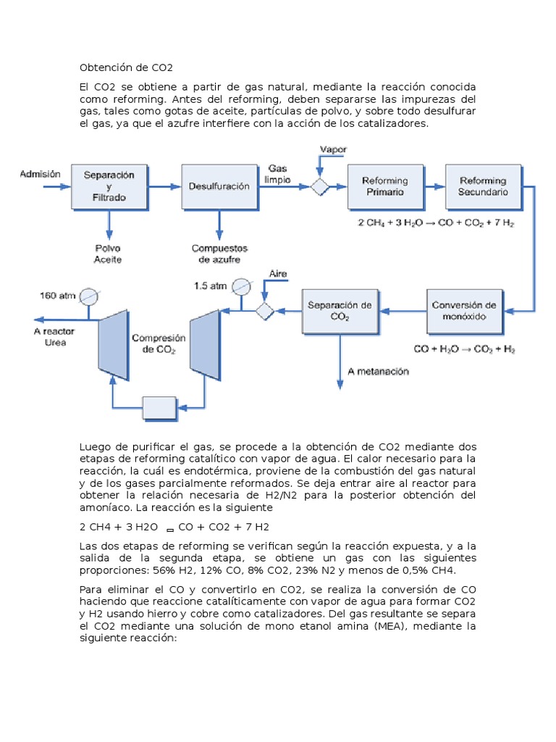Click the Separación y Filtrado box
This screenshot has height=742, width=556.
[x=109, y=186]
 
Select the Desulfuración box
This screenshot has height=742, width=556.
[x=220, y=186]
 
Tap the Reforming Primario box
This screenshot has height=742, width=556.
[x=386, y=186]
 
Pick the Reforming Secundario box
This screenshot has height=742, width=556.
[x=484, y=186]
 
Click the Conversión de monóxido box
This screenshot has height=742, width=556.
[x=465, y=312]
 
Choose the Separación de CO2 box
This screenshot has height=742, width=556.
[x=340, y=312]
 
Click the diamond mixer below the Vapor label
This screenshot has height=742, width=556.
[x=319, y=186]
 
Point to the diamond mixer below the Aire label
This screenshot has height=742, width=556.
[x=265, y=312]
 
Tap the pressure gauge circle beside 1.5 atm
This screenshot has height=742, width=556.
[x=242, y=287]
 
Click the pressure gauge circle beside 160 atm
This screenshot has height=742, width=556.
[x=88, y=296]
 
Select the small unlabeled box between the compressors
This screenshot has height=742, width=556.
[x=160, y=408]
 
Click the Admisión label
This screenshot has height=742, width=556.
[x=41, y=174]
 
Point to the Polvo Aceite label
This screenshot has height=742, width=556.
[x=108, y=254]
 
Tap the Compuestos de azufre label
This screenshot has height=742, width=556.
[x=219, y=254]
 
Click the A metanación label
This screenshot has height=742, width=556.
[x=378, y=372]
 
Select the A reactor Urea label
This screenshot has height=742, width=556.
[x=54, y=337]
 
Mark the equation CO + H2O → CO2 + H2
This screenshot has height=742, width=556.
[x=464, y=349]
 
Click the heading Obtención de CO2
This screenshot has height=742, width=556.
[x=126, y=67]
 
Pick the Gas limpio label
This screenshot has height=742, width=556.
[x=277, y=174]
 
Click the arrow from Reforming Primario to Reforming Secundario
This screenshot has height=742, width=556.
[x=435, y=186]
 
